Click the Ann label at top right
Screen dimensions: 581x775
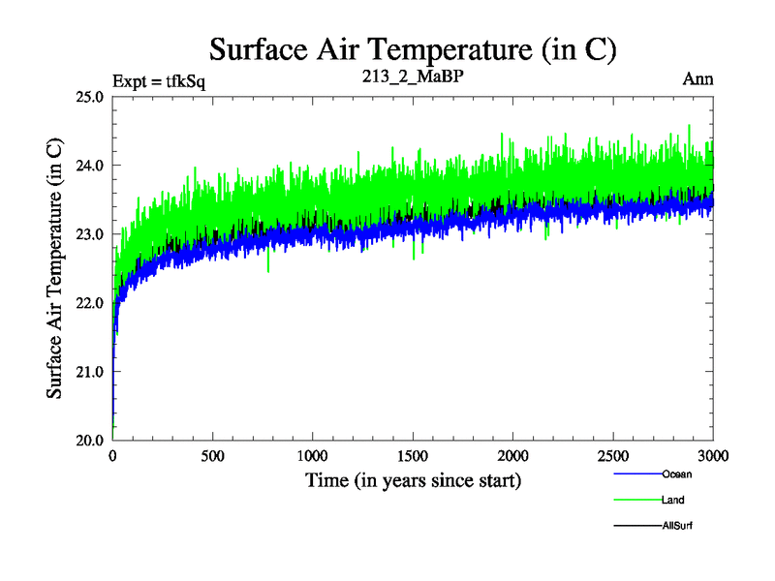tap(697, 79)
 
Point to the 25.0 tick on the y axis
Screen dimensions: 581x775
tap(90, 96)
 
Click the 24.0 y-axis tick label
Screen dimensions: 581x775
tap(90, 165)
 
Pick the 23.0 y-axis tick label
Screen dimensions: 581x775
tap(90, 233)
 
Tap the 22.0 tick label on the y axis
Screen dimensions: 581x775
tap(90, 302)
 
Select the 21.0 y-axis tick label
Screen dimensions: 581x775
tap(90, 371)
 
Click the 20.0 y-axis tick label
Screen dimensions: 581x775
tap(90, 440)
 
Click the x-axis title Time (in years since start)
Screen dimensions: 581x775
tap(414, 480)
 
